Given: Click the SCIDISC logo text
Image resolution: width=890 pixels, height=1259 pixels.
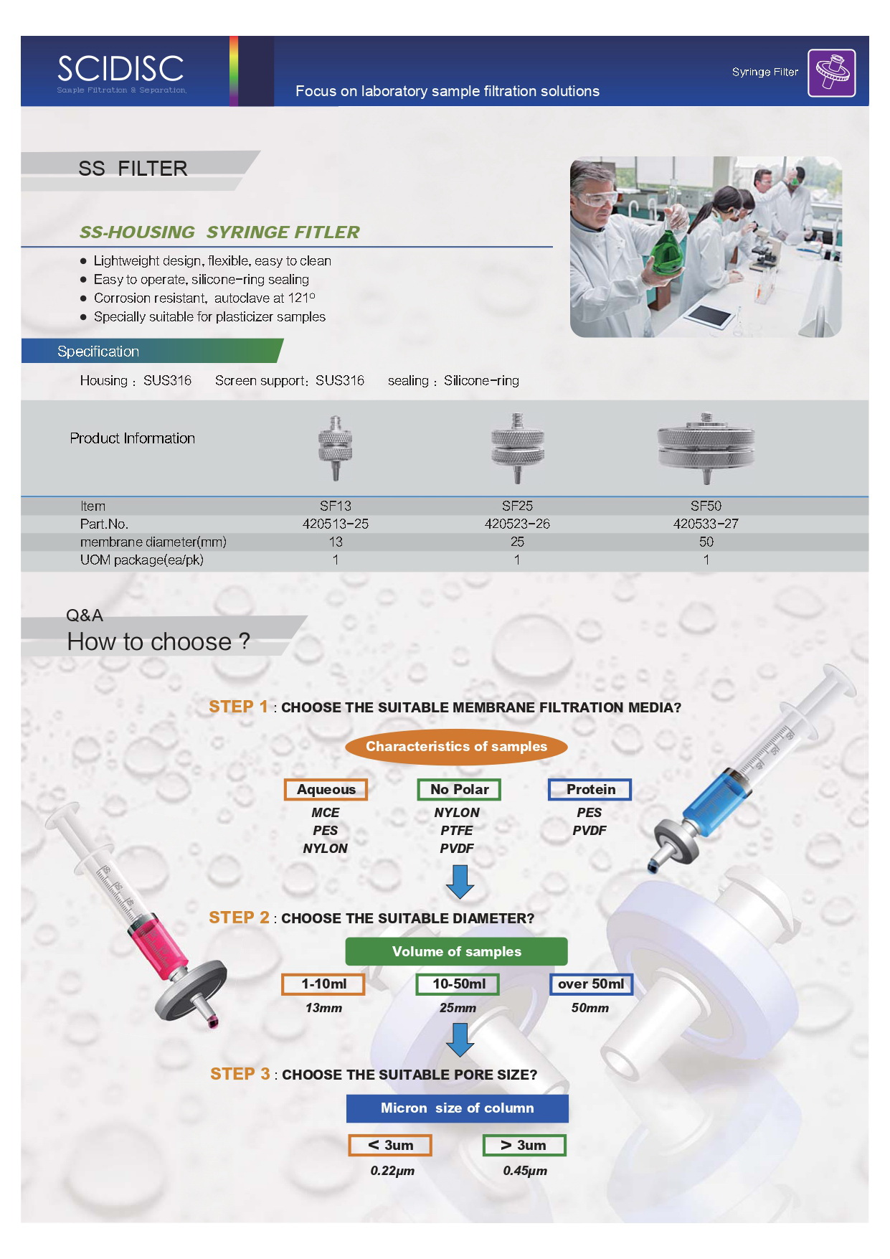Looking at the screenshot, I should coord(120,69).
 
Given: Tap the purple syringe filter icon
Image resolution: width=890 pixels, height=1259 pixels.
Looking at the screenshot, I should coord(831,72).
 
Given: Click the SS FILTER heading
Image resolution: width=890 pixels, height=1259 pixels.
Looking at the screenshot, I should coord(133,169).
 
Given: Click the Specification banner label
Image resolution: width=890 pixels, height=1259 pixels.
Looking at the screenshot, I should coord(98,352).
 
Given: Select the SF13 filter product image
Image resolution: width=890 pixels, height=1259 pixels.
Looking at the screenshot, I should coord(335,447).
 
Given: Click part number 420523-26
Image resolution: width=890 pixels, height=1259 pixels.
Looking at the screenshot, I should coord(517,524).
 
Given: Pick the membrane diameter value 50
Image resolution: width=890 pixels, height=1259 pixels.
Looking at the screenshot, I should coord(706,542).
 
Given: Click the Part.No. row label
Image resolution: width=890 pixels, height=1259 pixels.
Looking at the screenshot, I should coord(104,524).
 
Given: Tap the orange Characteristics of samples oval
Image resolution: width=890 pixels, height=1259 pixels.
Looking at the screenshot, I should coord(456,747).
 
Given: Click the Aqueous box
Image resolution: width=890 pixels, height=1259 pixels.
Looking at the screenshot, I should coord(326,790).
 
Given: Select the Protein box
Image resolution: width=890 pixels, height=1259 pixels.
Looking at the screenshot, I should coord(590,790).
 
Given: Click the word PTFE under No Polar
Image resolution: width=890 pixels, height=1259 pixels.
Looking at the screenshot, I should coord(457,831).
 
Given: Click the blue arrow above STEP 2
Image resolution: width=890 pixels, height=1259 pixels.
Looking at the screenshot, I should coord(460,882).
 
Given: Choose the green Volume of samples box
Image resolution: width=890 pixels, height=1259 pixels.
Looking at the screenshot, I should coord(456,952).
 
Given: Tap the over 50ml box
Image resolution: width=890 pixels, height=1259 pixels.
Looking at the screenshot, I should coord(591,984).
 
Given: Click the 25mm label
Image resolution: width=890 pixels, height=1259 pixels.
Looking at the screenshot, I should coord(458,1009).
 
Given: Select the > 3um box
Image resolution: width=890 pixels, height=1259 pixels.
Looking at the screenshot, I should coord(524,1146).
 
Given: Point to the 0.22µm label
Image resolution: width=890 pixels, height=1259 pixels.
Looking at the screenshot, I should coord(392,1171).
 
